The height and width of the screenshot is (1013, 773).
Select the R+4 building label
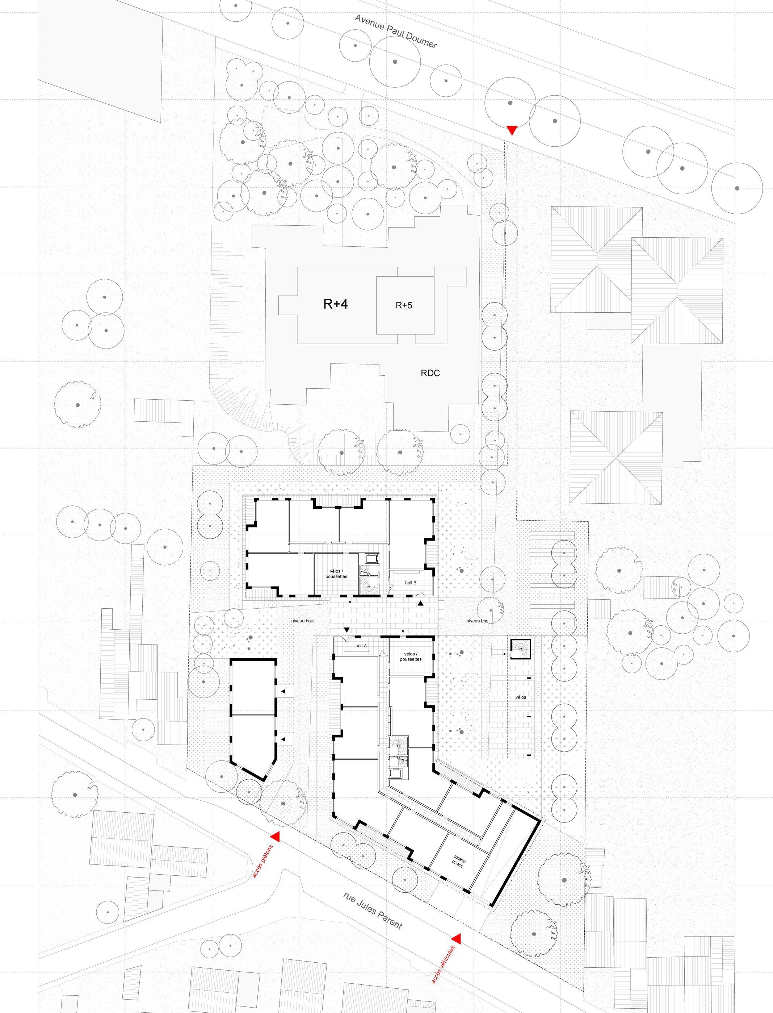click(x=335, y=304)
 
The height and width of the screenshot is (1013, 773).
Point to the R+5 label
click(x=404, y=305)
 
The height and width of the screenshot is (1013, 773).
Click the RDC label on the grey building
click(x=430, y=373)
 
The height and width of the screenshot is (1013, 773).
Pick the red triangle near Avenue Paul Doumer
click(x=511, y=130)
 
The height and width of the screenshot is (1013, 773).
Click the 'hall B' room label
click(x=411, y=583)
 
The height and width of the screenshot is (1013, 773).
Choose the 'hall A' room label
click(x=361, y=646)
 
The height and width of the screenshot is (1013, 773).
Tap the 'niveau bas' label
click(x=477, y=621)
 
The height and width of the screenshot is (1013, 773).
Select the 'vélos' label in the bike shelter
click(x=521, y=697)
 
